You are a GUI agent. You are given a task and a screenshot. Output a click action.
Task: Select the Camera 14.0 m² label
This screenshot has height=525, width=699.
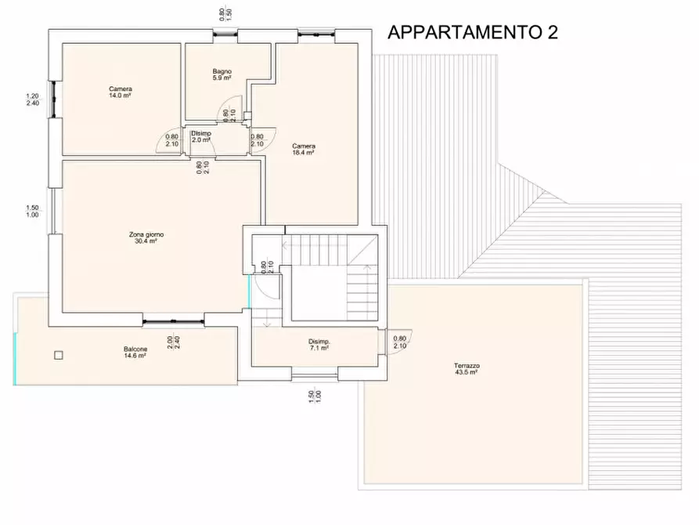(121, 92)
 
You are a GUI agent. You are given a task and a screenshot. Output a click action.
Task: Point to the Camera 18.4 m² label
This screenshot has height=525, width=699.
(304, 149)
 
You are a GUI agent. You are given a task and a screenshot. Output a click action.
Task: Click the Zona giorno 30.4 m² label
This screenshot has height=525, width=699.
(146, 238)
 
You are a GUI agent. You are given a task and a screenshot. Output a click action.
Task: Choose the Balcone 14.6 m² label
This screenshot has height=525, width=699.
(135, 352)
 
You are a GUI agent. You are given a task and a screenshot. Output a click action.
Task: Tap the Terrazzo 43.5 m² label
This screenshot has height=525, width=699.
(466, 369)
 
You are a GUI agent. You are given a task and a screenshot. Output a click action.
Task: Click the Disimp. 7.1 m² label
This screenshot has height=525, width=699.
(319, 345)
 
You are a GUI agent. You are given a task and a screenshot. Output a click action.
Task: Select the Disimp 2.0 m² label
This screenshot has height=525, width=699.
(201, 136)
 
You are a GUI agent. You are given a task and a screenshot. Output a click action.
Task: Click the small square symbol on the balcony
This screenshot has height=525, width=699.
(58, 355)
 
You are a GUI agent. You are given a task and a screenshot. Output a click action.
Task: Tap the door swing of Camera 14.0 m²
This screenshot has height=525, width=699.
(171, 140)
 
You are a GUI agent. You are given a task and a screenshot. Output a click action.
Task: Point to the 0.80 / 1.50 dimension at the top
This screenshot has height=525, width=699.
(225, 13)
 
